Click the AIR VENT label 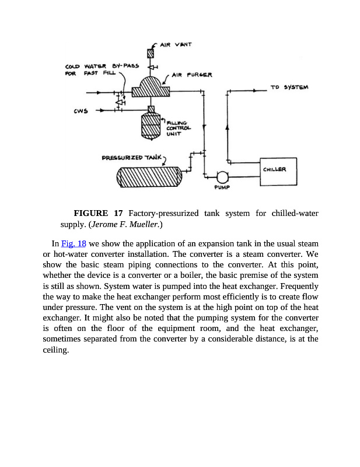tap(177, 44)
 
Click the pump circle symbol tap(221, 177)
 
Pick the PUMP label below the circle tap(221, 189)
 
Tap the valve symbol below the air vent tap(150, 67)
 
